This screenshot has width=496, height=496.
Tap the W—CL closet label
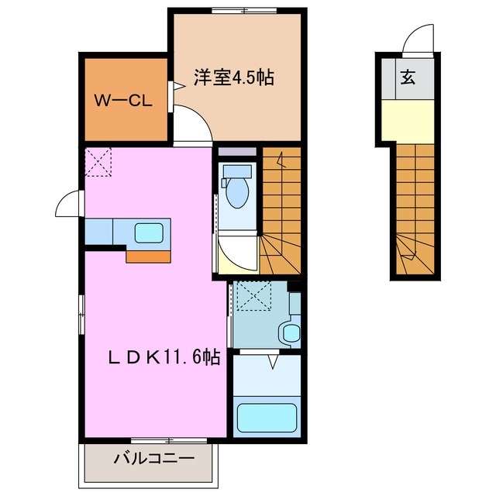(x=122, y=101)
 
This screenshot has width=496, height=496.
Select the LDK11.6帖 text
(x=164, y=357)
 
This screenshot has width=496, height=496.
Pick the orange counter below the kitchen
(x=150, y=257)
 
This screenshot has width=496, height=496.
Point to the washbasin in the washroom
(x=290, y=332)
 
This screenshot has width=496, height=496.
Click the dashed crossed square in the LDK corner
(x=99, y=163)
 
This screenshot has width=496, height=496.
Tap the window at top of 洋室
(x=234, y=10)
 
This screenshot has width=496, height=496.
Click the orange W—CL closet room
(x=124, y=101)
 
